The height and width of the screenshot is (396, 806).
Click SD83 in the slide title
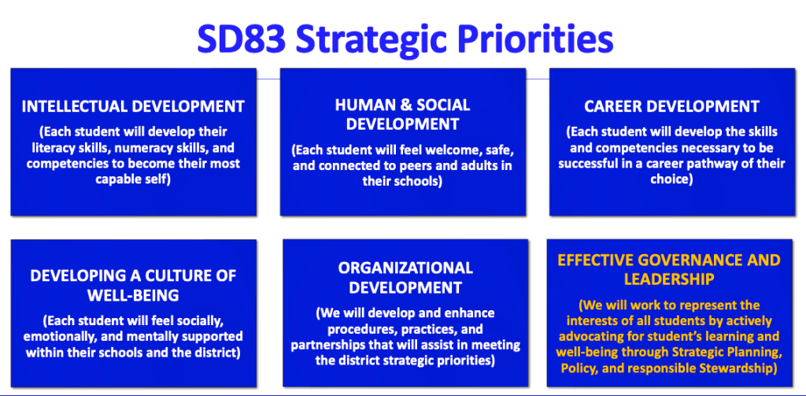pyautogui.click(x=241, y=40)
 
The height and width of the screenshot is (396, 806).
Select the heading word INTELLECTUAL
pyautogui.click(x=74, y=106)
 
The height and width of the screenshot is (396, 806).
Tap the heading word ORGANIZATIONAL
pyautogui.click(x=405, y=268)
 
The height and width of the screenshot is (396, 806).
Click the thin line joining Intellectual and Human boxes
pyautogui.click(x=268, y=80)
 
